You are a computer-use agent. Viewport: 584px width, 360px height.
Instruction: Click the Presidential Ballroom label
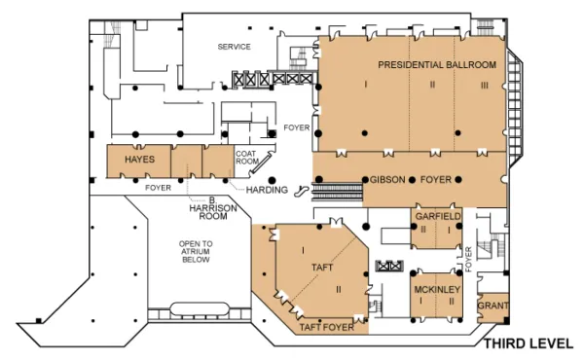click(437, 65)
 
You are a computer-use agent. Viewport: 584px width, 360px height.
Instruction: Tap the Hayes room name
click(139, 160)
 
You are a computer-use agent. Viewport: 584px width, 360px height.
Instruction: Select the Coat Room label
click(247, 158)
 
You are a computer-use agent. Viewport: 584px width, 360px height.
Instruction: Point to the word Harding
click(267, 190)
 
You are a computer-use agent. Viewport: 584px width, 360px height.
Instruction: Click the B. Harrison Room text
click(213, 208)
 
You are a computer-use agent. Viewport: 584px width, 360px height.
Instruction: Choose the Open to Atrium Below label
click(196, 252)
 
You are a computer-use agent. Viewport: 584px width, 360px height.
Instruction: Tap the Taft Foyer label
click(327, 328)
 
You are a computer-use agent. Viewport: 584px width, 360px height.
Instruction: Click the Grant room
click(493, 306)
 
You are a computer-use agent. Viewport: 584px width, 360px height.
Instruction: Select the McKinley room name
click(437, 289)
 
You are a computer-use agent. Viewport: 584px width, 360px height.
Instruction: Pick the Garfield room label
click(438, 216)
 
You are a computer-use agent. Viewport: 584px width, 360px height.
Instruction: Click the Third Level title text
click(529, 343)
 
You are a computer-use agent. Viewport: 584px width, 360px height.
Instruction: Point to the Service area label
click(234, 47)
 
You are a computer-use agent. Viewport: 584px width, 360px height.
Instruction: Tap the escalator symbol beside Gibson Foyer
click(303, 191)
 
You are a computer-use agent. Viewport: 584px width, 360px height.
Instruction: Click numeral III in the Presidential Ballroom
click(484, 86)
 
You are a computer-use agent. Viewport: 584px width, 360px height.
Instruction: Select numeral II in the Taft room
click(339, 289)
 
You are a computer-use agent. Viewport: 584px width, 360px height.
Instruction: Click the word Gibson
click(387, 180)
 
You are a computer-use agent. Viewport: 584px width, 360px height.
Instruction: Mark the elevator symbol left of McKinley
click(389, 267)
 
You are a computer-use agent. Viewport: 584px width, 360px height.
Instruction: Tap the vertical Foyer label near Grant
click(468, 259)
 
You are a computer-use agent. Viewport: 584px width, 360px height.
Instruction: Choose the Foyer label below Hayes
click(158, 188)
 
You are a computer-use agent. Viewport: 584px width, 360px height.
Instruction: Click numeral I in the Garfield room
click(449, 231)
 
